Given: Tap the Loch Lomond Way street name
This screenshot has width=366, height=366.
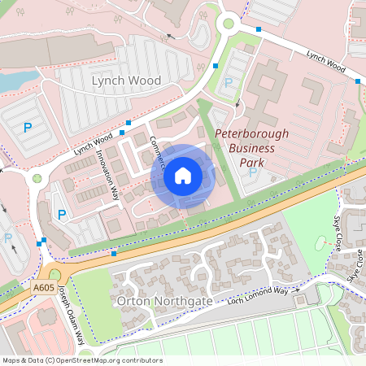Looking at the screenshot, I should [x=259, y=296].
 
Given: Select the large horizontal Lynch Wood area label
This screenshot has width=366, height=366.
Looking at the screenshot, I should [x=126, y=81].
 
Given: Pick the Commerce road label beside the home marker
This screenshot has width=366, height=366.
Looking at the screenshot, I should [x=158, y=152].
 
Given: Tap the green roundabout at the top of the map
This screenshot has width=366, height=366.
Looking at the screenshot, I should [x=229, y=24].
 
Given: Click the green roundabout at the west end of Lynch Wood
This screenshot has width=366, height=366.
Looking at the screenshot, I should [x=37, y=178].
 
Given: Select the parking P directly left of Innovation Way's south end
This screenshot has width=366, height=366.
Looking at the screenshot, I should [x=62, y=215].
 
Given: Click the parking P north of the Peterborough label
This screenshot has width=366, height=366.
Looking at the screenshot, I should [x=228, y=83].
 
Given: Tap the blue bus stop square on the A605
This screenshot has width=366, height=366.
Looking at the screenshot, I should [x=114, y=255].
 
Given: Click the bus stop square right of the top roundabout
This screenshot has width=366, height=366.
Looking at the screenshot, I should [x=259, y=29].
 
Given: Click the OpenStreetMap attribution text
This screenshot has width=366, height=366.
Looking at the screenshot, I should [x=81, y=360].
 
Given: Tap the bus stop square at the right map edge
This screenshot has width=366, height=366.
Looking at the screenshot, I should [x=358, y=81].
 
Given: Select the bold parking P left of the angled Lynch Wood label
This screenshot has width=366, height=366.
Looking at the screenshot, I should [x=27, y=127].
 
